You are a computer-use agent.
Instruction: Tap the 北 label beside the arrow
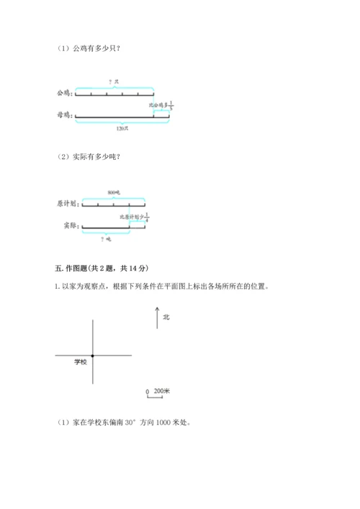click(166, 316)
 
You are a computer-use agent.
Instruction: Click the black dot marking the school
click(93, 356)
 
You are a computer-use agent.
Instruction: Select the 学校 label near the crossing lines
click(80, 362)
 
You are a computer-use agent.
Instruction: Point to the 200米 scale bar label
click(161, 391)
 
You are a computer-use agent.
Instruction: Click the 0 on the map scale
click(147, 392)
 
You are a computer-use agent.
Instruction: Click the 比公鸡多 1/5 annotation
click(162, 105)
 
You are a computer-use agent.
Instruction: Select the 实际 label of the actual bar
click(69, 225)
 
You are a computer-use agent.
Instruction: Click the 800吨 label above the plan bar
click(112, 192)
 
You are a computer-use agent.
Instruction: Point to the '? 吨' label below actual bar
click(105, 238)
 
